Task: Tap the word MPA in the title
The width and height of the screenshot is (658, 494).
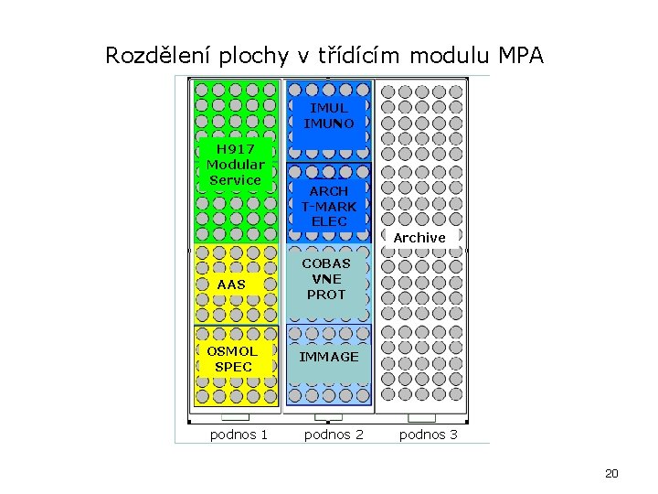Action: point(521,56)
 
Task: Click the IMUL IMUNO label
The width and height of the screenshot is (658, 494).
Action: point(329,115)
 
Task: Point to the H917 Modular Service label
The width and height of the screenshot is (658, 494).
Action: point(235,164)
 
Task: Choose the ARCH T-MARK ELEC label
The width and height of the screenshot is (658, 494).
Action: point(329,206)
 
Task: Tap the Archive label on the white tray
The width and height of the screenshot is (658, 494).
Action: point(419,238)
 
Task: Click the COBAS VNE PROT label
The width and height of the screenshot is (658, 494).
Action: point(327,279)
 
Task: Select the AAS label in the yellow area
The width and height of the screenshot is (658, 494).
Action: point(232,285)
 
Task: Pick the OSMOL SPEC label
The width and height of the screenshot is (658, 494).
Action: point(232,359)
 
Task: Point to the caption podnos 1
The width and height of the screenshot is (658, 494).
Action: point(239,435)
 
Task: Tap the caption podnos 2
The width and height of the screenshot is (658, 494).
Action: point(334,435)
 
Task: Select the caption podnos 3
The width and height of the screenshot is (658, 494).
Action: point(429,435)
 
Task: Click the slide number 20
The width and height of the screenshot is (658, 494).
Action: point(611,473)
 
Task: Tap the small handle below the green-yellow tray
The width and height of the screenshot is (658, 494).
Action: point(236,417)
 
